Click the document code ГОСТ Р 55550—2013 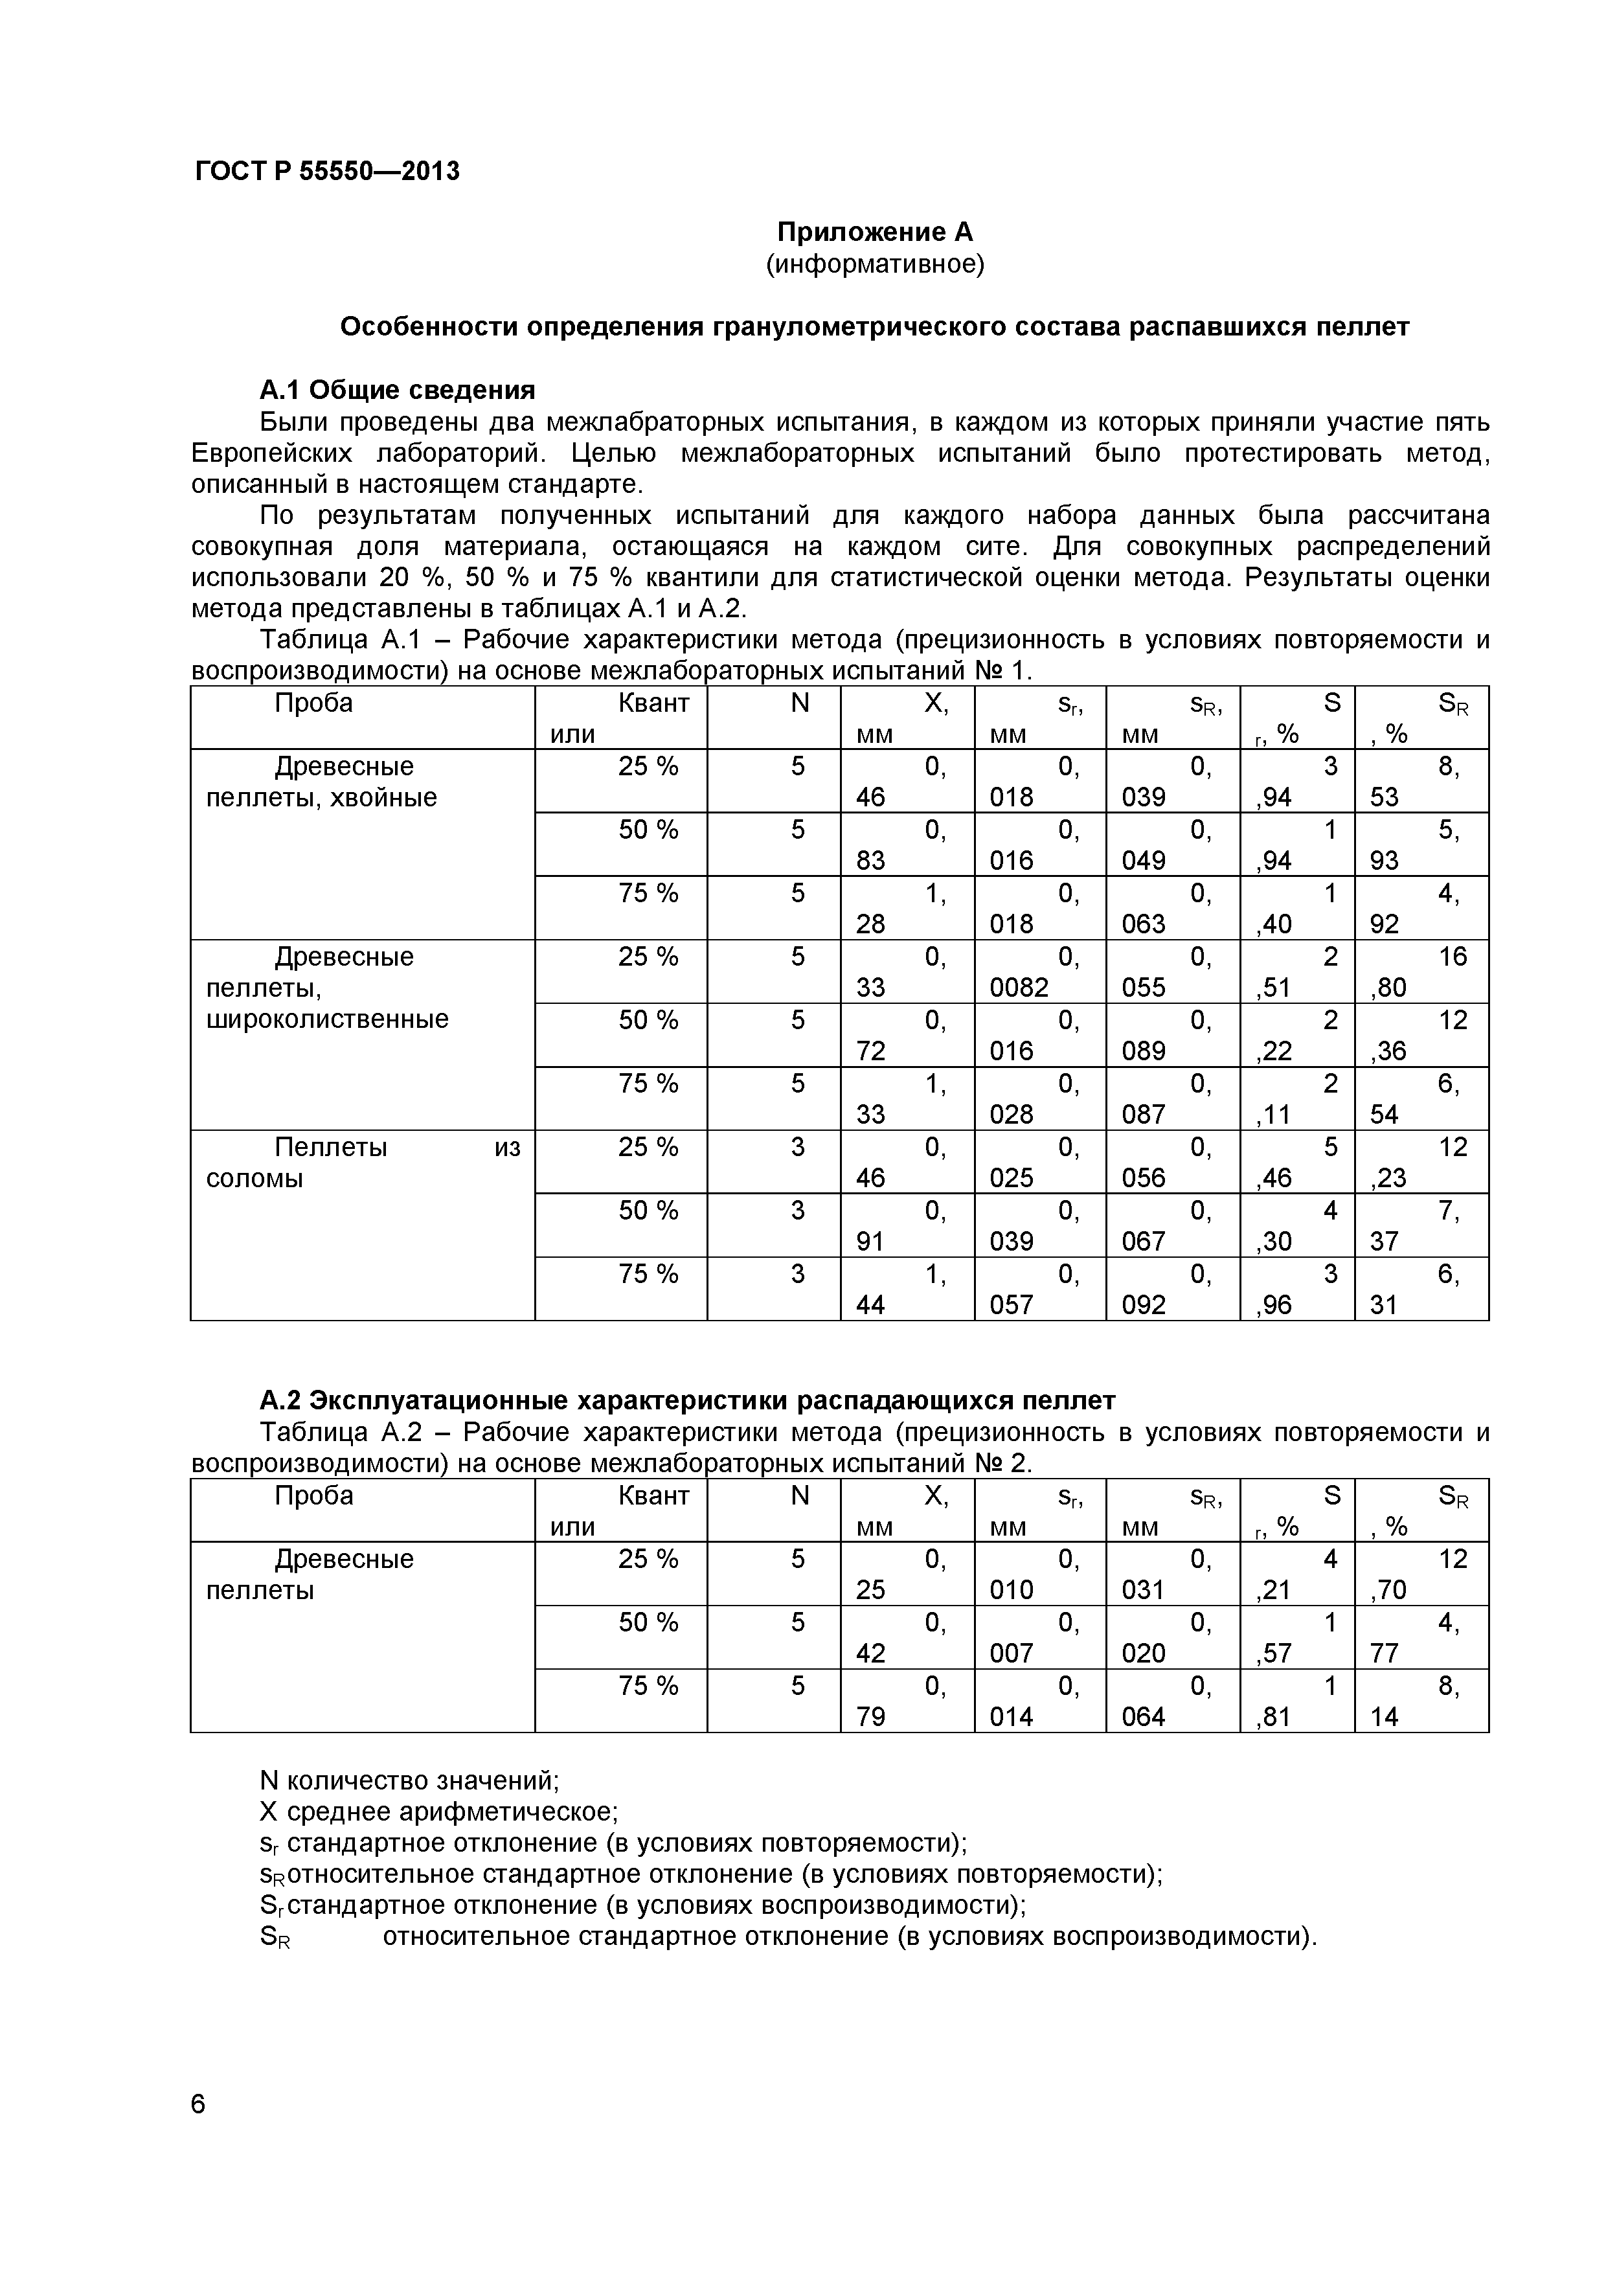326,172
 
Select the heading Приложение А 875,232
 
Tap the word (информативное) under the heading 875,264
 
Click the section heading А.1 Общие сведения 397,389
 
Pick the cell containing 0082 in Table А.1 1039,971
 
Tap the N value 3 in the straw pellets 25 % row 798,1148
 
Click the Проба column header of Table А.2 313,1495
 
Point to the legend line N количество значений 409,1781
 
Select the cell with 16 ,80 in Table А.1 1420,971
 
